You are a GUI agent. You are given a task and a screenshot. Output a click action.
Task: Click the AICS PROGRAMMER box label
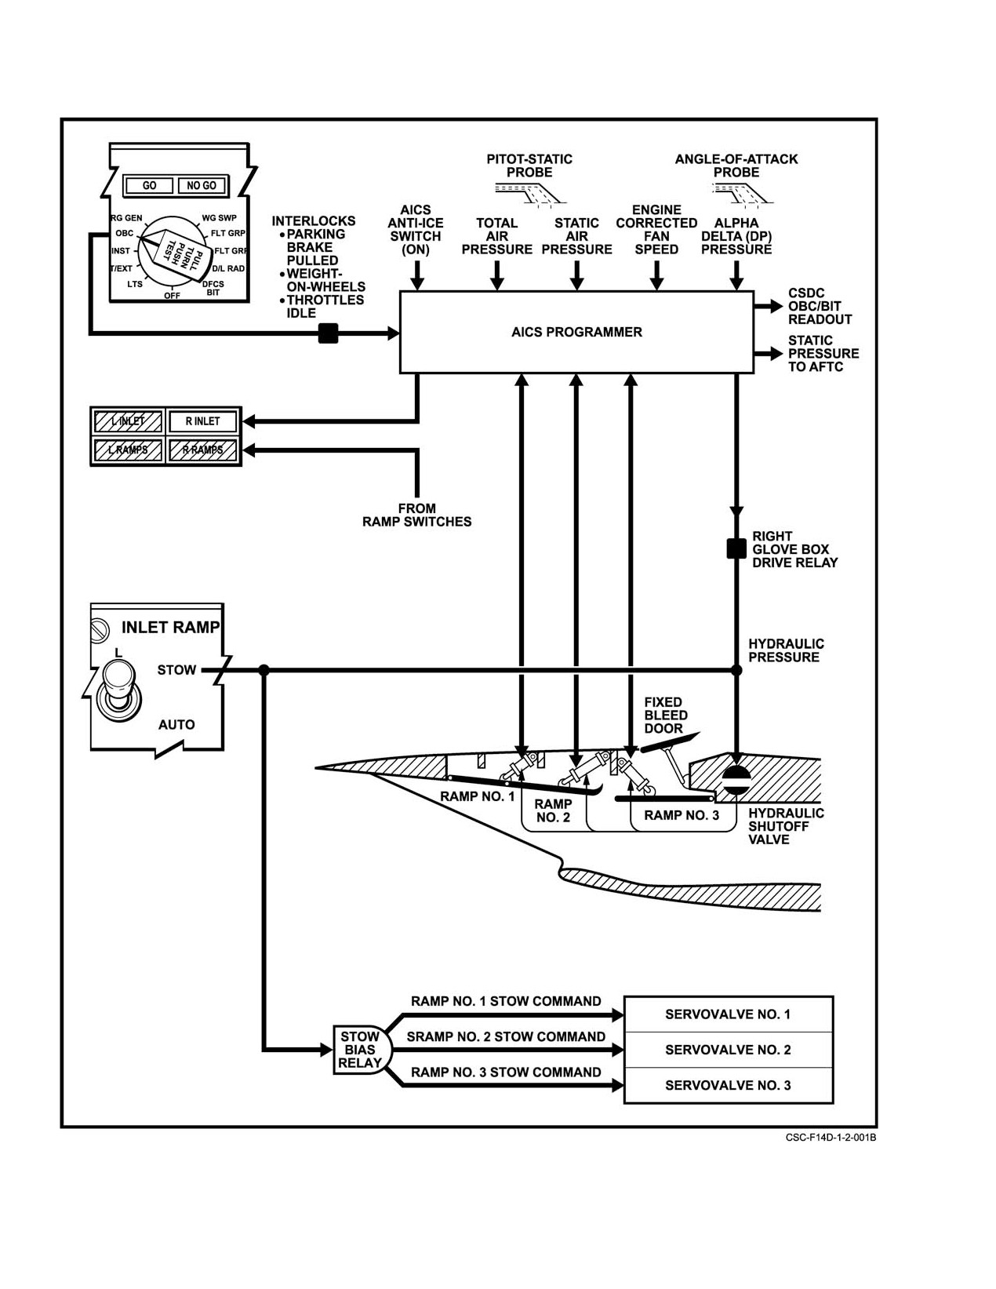tap(576, 332)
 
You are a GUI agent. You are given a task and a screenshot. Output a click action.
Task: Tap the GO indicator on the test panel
tap(149, 186)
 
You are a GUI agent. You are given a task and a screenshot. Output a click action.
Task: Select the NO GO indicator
tap(202, 186)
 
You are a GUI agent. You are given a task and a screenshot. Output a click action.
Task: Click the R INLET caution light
tap(203, 421)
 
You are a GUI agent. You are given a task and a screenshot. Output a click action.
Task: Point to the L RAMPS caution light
tap(128, 450)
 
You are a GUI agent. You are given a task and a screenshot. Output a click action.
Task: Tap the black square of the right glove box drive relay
tap(736, 548)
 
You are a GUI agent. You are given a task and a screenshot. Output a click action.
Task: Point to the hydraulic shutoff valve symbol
tap(736, 780)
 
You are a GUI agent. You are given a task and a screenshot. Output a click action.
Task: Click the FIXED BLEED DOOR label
tap(666, 716)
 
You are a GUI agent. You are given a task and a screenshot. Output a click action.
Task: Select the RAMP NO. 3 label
tap(682, 815)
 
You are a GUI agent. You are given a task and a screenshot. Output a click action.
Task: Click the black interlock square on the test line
tap(328, 333)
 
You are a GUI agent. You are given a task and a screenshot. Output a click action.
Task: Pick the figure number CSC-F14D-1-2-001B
tap(831, 1138)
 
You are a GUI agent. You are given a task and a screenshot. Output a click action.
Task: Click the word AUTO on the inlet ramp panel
tap(176, 724)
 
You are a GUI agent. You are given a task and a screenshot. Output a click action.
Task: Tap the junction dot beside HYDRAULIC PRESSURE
tap(736, 670)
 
